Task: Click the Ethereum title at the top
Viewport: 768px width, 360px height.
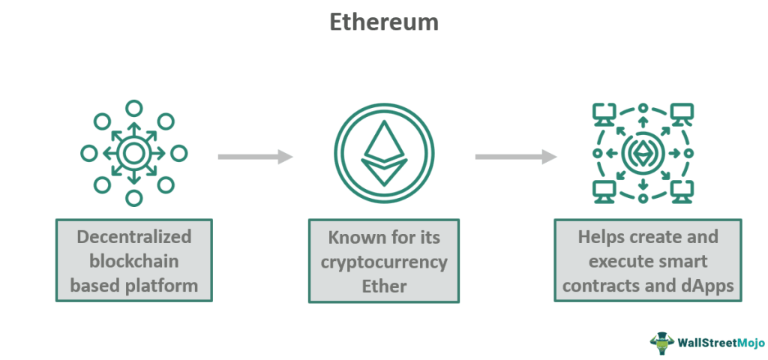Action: [383, 22]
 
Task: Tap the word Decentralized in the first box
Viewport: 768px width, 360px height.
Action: [134, 237]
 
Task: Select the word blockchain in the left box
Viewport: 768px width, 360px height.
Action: [133, 261]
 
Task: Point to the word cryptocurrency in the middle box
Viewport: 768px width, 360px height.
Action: [384, 262]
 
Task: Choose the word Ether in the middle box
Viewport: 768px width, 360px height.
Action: [384, 286]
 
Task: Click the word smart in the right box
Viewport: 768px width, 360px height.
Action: [682, 261]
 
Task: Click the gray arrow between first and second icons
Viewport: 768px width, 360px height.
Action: [255, 157]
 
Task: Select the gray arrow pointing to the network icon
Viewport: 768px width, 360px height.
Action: [516, 157]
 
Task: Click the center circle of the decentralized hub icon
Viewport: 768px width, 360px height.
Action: [133, 153]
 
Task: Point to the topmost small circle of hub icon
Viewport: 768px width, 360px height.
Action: [133, 108]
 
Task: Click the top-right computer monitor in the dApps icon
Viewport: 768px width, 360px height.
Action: [682, 114]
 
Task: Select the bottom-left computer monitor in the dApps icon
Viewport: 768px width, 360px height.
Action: [604, 191]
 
